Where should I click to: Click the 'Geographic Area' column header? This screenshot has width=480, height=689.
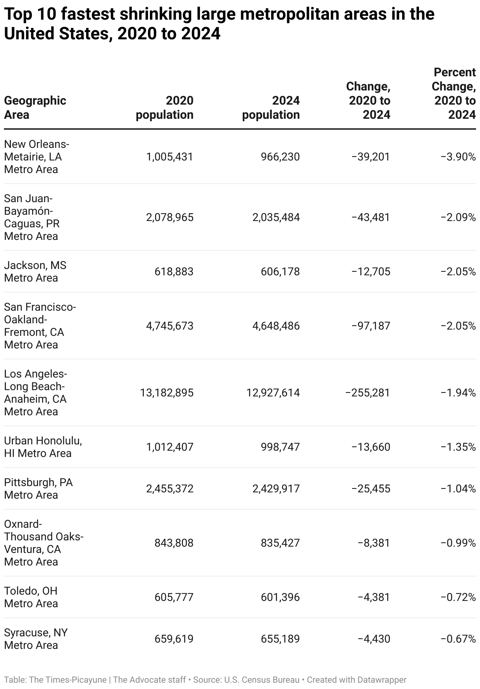coord(35,107)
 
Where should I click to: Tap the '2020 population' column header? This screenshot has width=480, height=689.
coord(164,107)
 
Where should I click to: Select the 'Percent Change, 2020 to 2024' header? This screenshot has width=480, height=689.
coord(454,93)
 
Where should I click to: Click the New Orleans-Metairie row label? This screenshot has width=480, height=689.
coord(37,157)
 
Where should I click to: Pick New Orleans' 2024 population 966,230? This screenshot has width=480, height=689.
coord(280,157)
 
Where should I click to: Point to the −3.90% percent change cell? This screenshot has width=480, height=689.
coord(458,157)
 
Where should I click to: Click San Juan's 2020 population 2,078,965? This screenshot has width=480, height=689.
coord(170,217)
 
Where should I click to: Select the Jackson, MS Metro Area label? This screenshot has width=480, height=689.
coord(35,271)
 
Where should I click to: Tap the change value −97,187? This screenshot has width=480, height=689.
coord(371,326)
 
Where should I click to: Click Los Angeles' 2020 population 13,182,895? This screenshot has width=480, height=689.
coord(167,393)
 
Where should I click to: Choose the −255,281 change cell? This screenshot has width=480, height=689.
coord(367,393)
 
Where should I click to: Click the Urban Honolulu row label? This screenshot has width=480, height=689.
coord(43,447)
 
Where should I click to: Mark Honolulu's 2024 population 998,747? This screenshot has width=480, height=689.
coord(280,447)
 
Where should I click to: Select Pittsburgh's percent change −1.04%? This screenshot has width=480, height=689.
coord(458,489)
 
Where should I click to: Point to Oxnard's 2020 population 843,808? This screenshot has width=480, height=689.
coord(174,543)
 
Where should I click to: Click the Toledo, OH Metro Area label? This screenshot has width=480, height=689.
coord(31,597)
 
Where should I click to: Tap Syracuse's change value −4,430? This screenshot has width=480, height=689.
coord(374,639)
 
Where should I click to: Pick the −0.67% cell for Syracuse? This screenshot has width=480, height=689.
coord(458,639)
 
